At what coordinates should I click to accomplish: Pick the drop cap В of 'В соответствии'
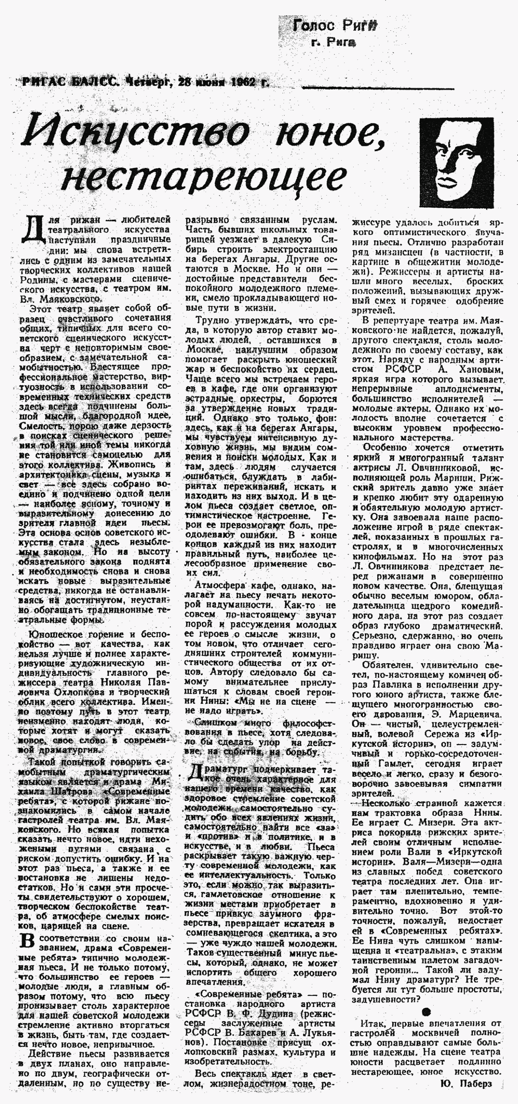pos(26,941)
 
